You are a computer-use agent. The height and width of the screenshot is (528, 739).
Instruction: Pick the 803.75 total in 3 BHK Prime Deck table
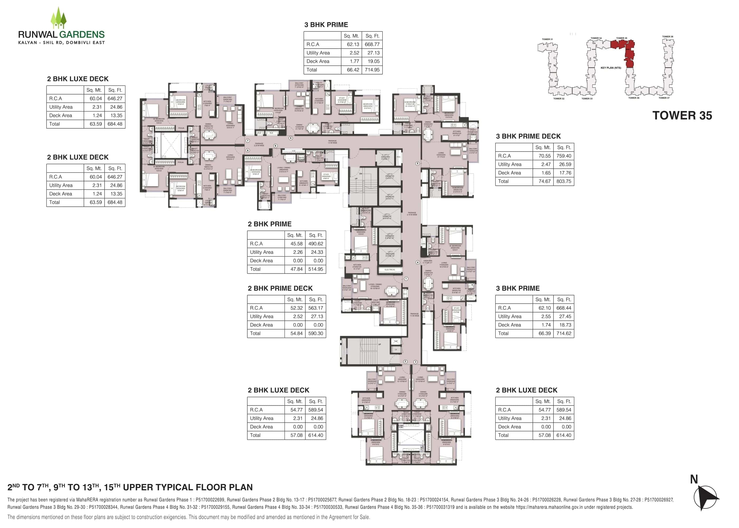(x=563, y=181)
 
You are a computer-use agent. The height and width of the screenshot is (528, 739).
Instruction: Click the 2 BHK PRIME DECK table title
(x=280, y=288)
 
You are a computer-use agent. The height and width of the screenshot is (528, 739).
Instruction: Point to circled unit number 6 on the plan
(x=291, y=138)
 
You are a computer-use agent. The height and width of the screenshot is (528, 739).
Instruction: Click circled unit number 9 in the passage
(x=276, y=146)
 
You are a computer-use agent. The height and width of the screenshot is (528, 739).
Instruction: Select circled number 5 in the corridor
(x=418, y=163)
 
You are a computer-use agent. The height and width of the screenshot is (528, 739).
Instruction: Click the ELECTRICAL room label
(x=390, y=270)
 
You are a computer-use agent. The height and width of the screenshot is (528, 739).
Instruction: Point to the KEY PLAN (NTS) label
(x=611, y=68)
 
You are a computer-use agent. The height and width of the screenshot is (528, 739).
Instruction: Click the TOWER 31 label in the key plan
(x=547, y=39)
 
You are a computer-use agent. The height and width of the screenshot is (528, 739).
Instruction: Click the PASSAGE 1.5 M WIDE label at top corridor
(x=332, y=142)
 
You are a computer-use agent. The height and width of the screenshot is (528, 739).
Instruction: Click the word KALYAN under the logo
(x=28, y=43)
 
